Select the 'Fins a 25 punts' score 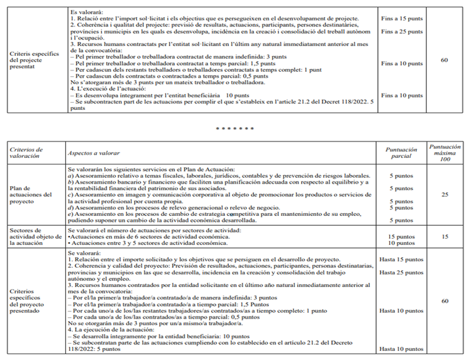402,31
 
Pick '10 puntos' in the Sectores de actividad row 402,242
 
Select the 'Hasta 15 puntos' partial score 402,259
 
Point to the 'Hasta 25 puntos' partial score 402,272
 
